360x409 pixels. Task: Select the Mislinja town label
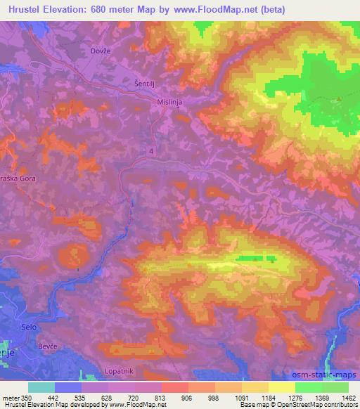pyautogui.click(x=169, y=100)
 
